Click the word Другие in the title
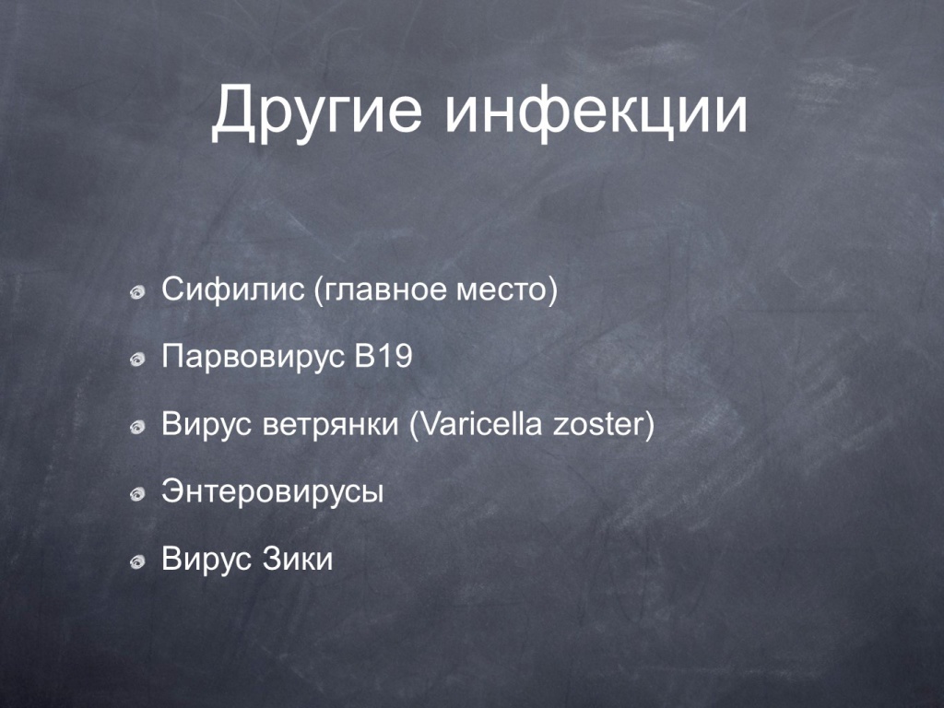click(x=317, y=111)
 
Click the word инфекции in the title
click(x=596, y=111)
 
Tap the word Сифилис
click(x=232, y=289)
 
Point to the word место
click(x=502, y=290)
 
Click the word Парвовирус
click(x=253, y=358)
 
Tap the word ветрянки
click(x=331, y=425)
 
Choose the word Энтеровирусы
click(x=272, y=492)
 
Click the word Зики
click(x=298, y=559)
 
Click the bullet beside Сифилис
click(x=138, y=292)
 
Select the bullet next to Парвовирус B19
click(x=138, y=360)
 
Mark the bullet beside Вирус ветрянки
click(x=138, y=428)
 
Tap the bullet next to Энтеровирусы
click(x=138, y=495)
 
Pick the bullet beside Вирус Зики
click(x=138, y=562)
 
